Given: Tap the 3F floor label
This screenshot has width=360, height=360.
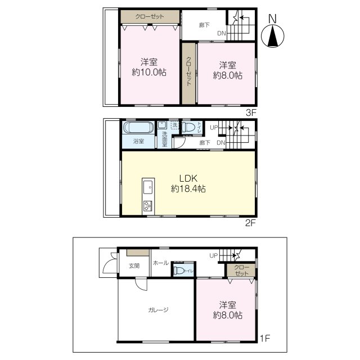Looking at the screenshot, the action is coord(251,112).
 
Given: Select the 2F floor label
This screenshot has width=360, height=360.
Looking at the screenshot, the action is coord(250,223).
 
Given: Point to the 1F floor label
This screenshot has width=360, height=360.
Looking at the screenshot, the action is coord(265,338).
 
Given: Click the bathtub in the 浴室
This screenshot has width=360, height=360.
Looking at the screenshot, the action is coord(138,128).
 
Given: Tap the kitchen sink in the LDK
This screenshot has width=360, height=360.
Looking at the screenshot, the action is coord(148,187).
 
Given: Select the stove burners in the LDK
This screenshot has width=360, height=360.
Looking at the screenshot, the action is coord(147,206).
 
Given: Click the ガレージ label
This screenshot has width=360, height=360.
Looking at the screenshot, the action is coord(159,310).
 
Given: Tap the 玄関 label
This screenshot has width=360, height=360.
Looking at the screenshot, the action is coord(134,266).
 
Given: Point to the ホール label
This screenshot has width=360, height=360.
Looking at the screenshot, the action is coord(161,263).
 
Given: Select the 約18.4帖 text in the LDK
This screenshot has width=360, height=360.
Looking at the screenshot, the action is coord(188,189).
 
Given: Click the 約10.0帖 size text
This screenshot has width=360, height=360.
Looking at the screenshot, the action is coord(149,73).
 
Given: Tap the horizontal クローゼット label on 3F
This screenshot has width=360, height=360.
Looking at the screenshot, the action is coord(150,16).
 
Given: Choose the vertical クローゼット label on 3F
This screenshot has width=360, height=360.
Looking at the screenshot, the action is coord(189,71).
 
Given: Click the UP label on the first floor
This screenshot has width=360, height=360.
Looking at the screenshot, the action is coord(214,255).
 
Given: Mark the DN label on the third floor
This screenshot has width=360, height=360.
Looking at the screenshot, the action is coord(222,33).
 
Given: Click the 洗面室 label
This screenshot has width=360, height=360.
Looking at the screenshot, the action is coord(165,139).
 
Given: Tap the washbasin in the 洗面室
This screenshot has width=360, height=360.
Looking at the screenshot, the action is coord(163,125).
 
